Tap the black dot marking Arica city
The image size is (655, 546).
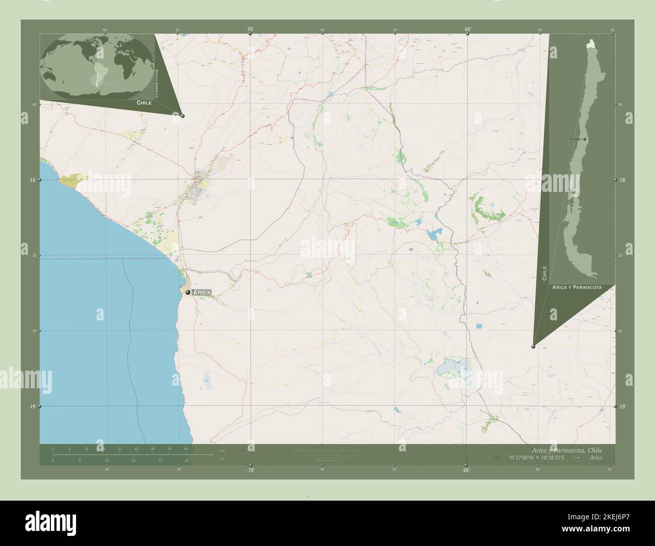coord(188,292)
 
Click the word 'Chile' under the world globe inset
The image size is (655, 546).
coord(144,102)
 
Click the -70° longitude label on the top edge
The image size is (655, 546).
coord(250,30)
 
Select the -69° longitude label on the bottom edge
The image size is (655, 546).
coord(467,470)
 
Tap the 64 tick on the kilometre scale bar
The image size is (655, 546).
coord(186,448)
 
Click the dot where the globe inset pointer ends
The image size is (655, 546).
coord(182,116)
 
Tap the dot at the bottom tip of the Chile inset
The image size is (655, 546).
coord(533,346)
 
